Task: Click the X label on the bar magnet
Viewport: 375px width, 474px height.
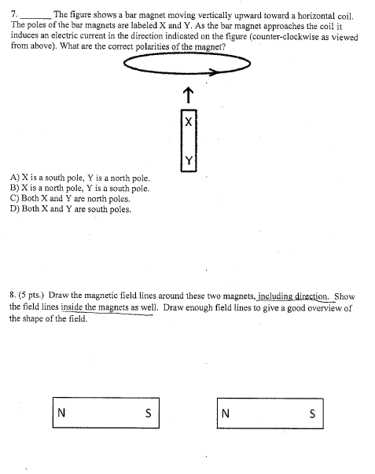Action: pos(188,122)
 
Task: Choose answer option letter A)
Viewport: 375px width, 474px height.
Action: pos(16,179)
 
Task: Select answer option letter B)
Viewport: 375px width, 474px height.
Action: pos(16,189)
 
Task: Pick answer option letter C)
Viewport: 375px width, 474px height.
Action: pos(16,200)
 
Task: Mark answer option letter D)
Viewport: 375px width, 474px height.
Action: pos(16,210)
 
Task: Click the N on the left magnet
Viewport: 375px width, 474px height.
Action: pos(61,414)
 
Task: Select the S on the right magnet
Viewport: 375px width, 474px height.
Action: pos(312,414)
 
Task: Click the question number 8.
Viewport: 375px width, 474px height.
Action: pos(13,297)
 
